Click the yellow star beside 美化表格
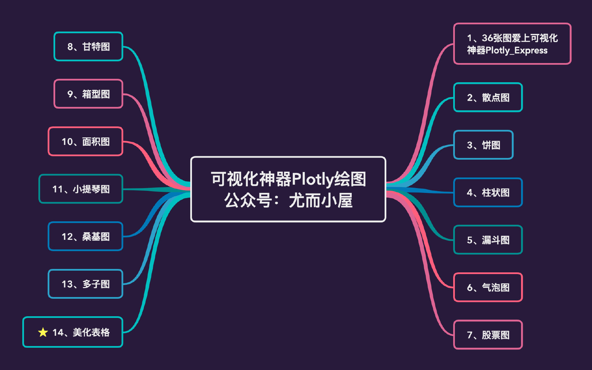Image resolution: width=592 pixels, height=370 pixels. [x=43, y=332]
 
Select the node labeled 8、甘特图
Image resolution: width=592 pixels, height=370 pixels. [x=88, y=47]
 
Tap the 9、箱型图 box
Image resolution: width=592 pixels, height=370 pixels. [x=88, y=94]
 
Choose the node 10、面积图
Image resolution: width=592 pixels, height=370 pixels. [x=85, y=141]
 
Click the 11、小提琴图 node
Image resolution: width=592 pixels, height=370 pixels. [x=81, y=189]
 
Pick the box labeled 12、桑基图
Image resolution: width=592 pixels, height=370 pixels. [x=85, y=236]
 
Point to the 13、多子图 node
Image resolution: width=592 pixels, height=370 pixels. [x=85, y=284]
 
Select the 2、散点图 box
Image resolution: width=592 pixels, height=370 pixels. [x=488, y=98]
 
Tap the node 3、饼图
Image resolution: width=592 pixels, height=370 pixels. [x=483, y=145]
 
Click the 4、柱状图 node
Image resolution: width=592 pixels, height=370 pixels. [x=488, y=193]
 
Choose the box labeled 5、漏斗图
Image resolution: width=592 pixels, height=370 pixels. [x=488, y=240]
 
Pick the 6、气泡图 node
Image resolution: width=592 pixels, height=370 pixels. [x=488, y=287]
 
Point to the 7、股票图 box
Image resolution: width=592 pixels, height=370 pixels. [x=488, y=335]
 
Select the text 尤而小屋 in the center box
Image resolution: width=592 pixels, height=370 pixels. [x=321, y=200]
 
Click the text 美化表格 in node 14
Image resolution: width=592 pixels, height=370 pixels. [x=91, y=332]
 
